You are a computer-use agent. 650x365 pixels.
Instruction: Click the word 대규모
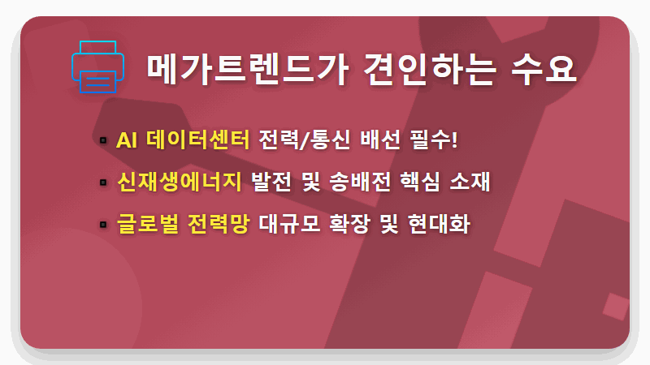(x=286, y=222)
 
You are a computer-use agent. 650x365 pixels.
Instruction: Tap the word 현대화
(x=448, y=222)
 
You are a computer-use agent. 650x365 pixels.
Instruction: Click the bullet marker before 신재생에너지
(x=103, y=182)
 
